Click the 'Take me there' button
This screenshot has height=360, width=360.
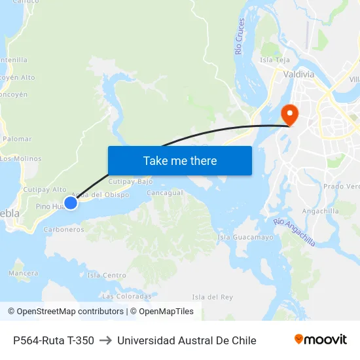[x=180, y=160]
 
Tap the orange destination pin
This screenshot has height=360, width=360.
[x=289, y=115]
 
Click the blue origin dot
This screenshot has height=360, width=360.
[x=71, y=203]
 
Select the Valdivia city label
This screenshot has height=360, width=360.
[x=298, y=74]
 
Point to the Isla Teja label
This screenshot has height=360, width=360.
[x=275, y=60]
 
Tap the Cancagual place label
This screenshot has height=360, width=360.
[x=164, y=193]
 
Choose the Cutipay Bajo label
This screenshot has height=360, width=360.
[x=130, y=181]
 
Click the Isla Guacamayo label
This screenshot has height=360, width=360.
[x=245, y=237]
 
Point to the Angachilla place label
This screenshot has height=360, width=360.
[x=321, y=211]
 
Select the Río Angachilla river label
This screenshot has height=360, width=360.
[x=295, y=232]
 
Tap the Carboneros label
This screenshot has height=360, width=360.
[x=63, y=230]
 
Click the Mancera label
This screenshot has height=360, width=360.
[x=24, y=272]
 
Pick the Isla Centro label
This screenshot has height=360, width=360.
[x=107, y=276]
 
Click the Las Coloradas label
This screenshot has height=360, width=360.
[x=126, y=296]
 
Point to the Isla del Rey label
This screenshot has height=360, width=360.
[x=213, y=297]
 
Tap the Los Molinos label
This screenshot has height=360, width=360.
[x=21, y=158]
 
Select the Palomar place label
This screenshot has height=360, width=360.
[x=17, y=139]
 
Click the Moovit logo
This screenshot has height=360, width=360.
[x=320, y=340]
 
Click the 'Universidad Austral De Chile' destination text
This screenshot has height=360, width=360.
[x=187, y=340]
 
